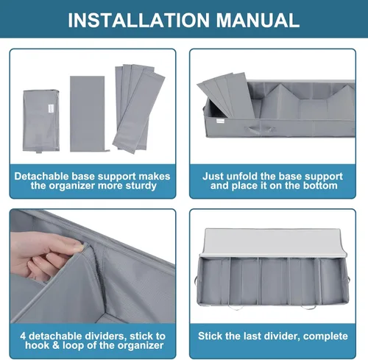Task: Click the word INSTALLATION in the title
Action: pos(138,20)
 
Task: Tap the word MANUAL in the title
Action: pos(258,20)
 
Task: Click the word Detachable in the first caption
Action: pos(41,176)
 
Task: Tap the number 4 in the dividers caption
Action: pos(23,336)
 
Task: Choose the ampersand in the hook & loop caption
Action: pos(56,345)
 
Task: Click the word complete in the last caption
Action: pos(325,336)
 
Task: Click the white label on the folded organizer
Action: pos(51,109)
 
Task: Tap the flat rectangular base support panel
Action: pos(88,113)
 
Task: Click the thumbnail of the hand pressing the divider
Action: pos(93,267)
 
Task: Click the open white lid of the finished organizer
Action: pos(273,243)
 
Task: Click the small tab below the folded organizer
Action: pos(39,150)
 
